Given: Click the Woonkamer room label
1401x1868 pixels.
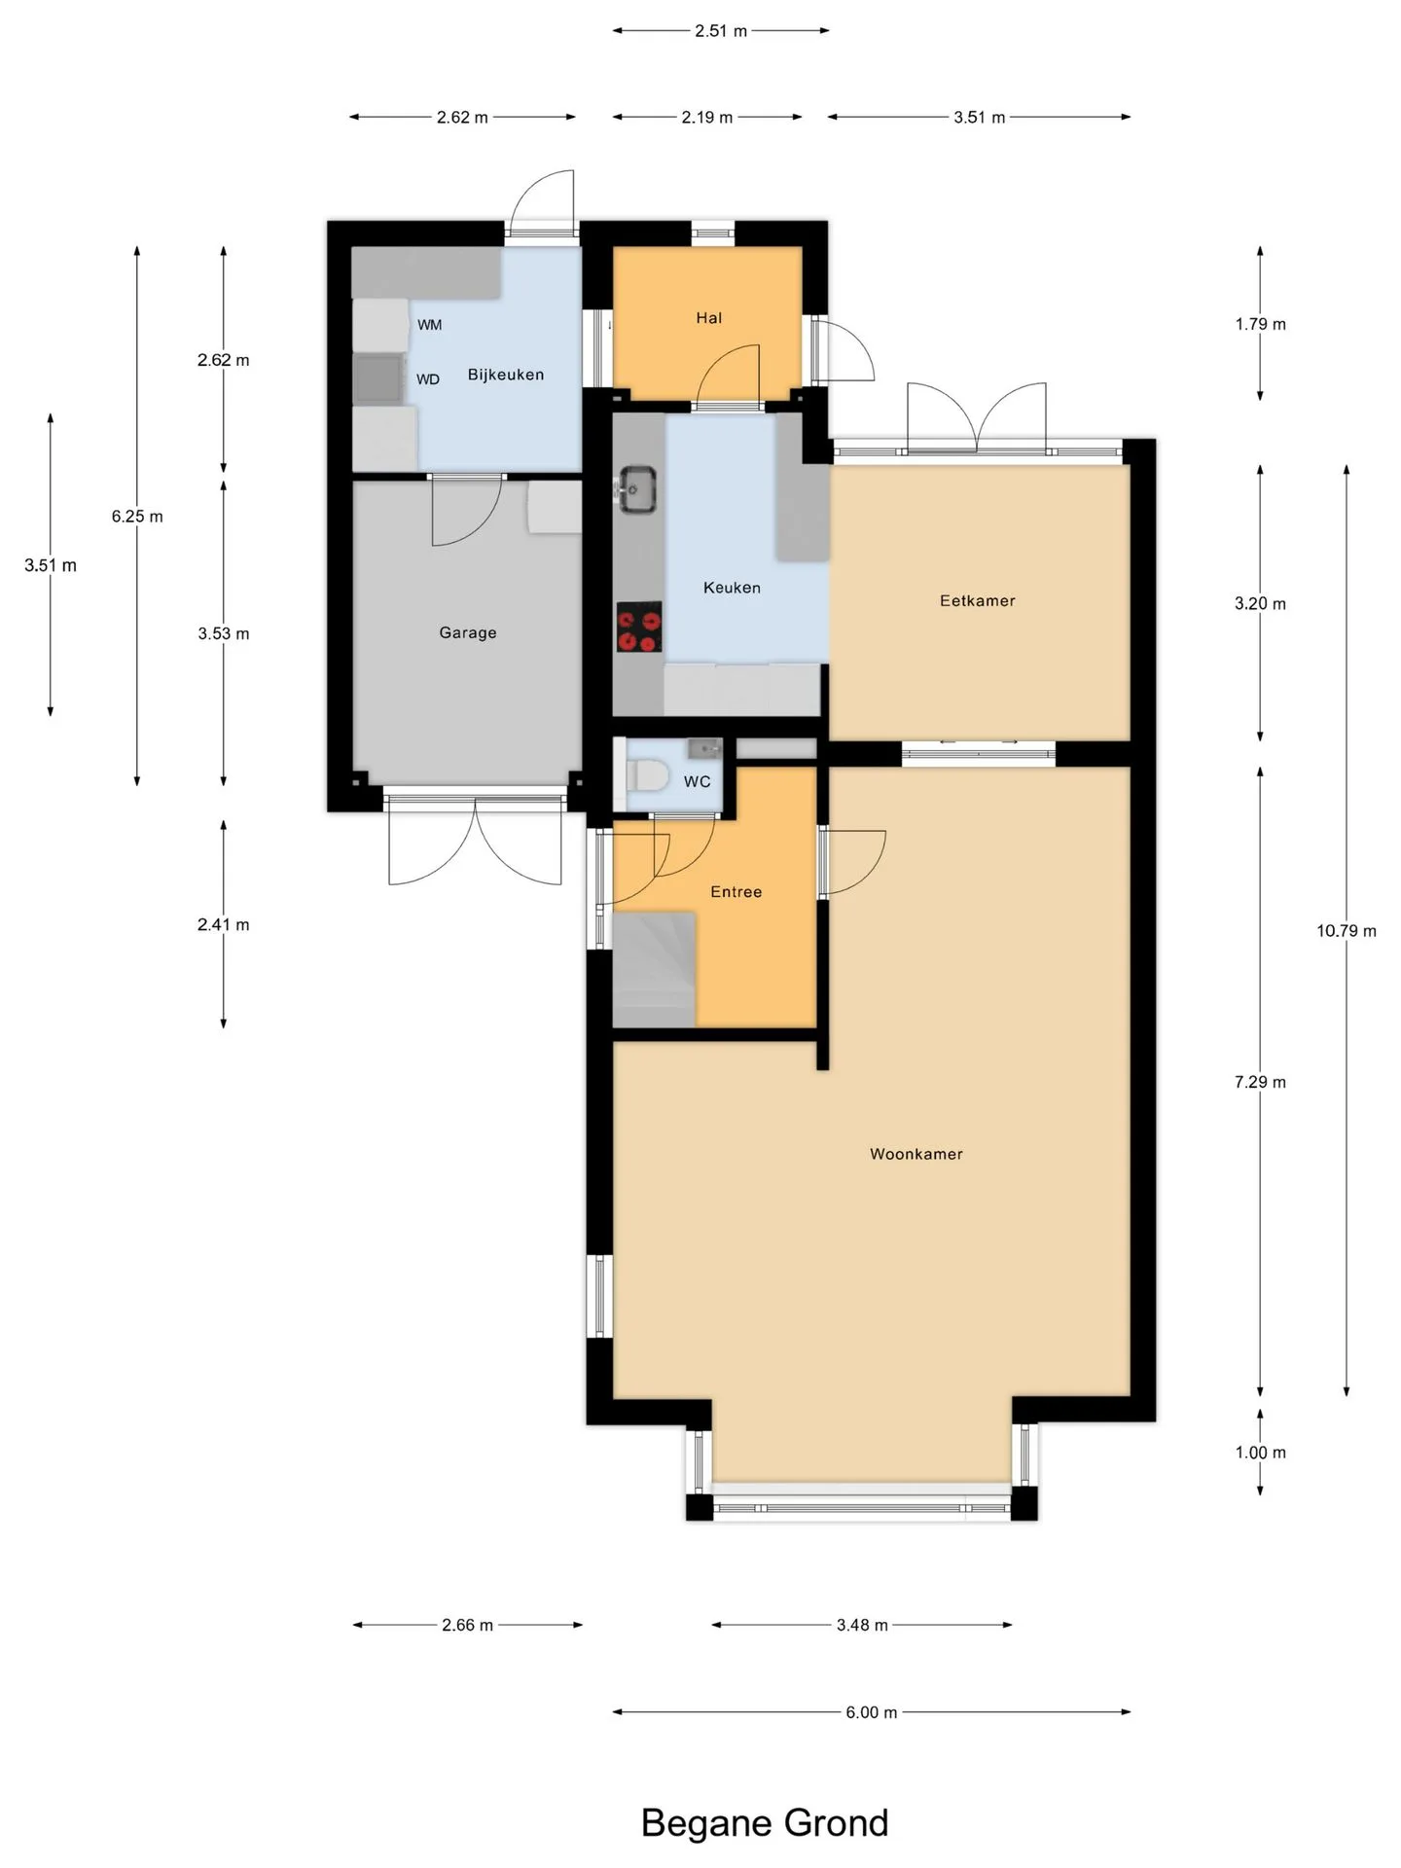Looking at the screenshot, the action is click(916, 1154).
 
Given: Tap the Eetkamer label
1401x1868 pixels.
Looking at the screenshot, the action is click(977, 600).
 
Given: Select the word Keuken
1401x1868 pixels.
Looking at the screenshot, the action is click(732, 588).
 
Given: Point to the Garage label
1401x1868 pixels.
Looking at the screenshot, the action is click(468, 632).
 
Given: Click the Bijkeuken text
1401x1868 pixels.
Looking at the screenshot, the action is click(506, 375).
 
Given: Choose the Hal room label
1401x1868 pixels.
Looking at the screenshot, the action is click(709, 317).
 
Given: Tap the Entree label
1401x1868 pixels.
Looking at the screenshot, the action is click(736, 891).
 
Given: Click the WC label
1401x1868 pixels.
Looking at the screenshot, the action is click(697, 781).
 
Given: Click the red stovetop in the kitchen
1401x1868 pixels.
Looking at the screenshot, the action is click(639, 627).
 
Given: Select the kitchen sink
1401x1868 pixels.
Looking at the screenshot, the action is click(638, 488).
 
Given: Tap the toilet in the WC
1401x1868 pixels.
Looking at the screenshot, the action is click(646, 776).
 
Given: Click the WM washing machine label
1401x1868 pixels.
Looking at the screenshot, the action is click(429, 325).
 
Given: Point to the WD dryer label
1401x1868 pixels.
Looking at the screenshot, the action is click(428, 379).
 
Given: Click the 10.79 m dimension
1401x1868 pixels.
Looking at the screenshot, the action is click(1347, 931).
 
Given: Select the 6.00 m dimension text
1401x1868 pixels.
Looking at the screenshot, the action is click(871, 1712).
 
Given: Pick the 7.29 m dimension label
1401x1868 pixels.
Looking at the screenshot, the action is click(1260, 1082).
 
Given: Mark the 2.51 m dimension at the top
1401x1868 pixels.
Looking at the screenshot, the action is click(721, 31).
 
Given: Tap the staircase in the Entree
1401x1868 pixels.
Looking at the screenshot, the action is click(654, 969).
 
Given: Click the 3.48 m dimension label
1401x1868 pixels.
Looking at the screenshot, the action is click(862, 1625).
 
